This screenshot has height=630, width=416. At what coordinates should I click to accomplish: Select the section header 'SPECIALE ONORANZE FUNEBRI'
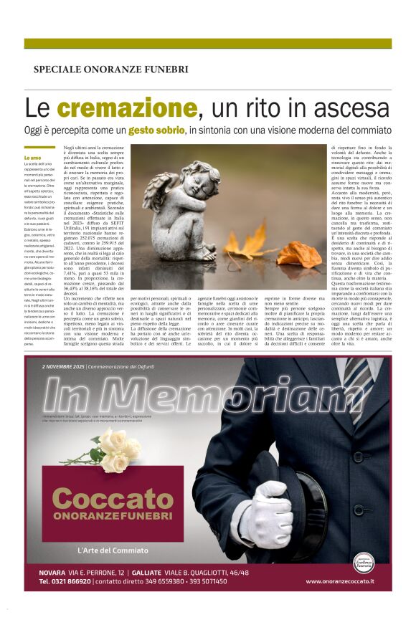click(110, 70)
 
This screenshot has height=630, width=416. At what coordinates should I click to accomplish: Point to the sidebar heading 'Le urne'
click(52, 158)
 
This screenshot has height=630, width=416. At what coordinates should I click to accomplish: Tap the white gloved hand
click(275, 513)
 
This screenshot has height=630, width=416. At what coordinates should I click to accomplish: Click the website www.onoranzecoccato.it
click(339, 581)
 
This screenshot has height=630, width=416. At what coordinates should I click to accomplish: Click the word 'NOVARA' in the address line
click(52, 572)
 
